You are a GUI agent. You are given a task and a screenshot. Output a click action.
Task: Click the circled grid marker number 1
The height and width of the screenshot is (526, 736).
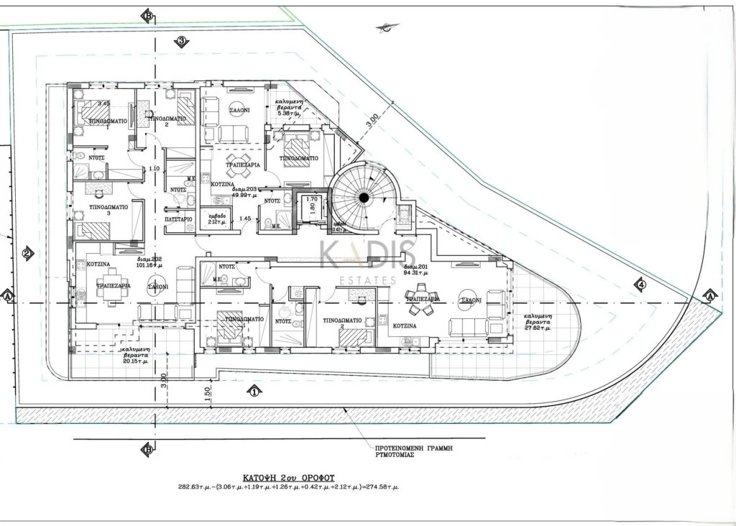coord(253,392)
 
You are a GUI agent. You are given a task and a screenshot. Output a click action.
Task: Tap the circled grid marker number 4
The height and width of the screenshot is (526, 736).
coord(640,285)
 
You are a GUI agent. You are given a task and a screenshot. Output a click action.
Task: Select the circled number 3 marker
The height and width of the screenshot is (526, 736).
coord(182,42)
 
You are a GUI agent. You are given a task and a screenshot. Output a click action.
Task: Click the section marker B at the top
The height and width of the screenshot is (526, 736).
coord(147,16)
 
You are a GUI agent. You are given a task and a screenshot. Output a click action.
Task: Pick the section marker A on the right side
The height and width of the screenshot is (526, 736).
coord(709,296)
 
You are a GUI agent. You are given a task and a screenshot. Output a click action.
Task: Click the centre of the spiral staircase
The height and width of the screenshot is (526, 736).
coord(364,197)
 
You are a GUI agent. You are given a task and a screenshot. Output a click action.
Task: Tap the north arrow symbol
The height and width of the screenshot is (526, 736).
coord(387,29)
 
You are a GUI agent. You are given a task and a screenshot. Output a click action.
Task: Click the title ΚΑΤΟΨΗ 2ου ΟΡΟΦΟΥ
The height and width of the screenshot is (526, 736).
coord(287,476)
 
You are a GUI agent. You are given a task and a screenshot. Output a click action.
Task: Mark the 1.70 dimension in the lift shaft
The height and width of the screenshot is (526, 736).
coord(312,199)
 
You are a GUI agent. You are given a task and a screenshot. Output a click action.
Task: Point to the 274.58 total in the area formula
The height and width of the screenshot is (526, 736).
coord(383,487)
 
